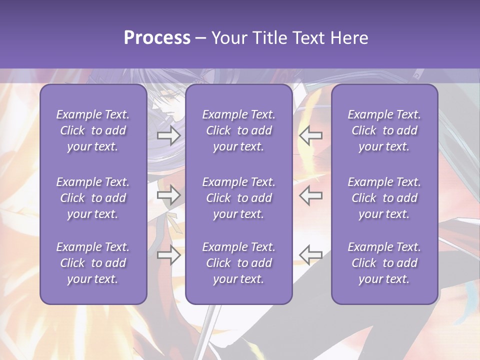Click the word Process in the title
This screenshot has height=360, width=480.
(x=157, y=38)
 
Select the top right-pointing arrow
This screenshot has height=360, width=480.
(x=169, y=135)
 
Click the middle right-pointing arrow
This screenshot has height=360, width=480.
(x=169, y=195)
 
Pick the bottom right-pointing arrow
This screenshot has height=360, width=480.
(x=169, y=255)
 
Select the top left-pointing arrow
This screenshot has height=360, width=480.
(x=311, y=135)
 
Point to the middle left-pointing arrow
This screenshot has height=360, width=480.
(x=311, y=195)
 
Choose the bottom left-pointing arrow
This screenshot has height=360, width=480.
(x=311, y=255)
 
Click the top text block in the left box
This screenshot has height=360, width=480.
(x=93, y=130)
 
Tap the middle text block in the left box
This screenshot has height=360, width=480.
(x=93, y=198)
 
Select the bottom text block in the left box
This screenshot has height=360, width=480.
(x=93, y=263)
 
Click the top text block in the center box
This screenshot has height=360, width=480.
(x=239, y=130)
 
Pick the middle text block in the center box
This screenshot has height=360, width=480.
(x=239, y=198)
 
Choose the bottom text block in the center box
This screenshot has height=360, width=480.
(x=239, y=263)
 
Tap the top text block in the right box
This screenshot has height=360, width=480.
(x=384, y=130)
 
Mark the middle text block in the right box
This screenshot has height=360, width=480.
(x=384, y=198)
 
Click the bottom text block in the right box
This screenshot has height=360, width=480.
(x=384, y=263)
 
